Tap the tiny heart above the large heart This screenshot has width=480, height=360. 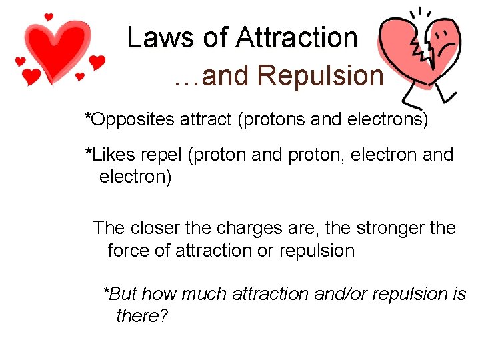48,16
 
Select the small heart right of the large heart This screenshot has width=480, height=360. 97,63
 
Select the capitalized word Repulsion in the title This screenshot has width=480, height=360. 320,76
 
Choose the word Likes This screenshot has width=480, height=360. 113,155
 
